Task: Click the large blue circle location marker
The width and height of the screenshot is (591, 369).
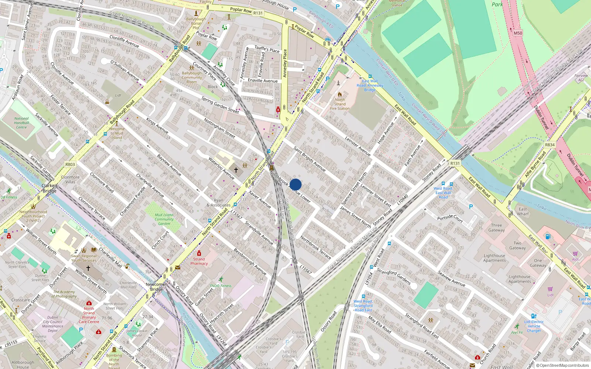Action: click(295, 184)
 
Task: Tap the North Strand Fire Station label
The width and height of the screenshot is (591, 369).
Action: click(339, 104)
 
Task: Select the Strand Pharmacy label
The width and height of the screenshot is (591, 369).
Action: click(199, 261)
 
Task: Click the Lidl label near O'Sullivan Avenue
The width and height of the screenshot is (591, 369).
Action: click(118, 95)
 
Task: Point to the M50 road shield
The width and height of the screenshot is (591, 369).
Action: click(518, 33)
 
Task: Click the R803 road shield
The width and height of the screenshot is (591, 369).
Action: click(70, 165)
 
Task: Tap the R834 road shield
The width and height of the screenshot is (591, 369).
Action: click(550, 145)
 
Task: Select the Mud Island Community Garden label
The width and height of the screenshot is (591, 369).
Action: click(164, 219)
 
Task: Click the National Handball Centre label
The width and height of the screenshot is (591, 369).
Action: click(21, 123)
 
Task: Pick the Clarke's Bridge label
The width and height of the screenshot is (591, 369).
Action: click(49, 188)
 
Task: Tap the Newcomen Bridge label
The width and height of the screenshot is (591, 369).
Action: click(156, 287)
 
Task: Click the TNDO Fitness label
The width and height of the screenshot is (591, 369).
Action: click(221, 286)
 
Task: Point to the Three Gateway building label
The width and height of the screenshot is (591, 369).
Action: click(496, 228)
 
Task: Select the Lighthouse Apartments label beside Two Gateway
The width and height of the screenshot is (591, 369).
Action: click(494, 258)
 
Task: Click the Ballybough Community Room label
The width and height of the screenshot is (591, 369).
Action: click(192, 77)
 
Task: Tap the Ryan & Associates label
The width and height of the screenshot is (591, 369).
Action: click(219, 203)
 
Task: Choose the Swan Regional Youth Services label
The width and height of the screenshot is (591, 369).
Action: click(84, 258)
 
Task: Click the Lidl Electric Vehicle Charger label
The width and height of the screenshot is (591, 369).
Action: click(534, 326)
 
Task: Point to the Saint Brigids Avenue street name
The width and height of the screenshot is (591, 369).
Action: click(310, 159)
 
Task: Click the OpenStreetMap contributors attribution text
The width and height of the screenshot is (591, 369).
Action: click(564, 366)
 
